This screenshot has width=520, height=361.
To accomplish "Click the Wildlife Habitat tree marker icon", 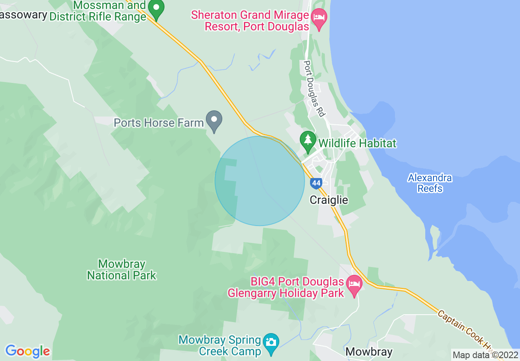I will point(308,140).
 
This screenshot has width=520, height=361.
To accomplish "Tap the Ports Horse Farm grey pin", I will point(214,120).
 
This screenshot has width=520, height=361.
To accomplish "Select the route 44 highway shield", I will point(315,183).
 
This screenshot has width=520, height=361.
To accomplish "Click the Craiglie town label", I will point(329,200).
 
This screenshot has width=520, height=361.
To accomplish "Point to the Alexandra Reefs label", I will point(430,183).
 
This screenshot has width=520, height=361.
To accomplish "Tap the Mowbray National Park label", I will point(122,270).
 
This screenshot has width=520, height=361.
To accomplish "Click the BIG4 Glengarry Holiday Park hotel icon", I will point(354,283).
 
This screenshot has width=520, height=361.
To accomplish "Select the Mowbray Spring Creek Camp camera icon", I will point(271,341).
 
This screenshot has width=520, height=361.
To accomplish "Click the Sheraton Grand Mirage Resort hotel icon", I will point(319,17).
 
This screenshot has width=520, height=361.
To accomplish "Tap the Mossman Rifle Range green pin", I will point(156,9).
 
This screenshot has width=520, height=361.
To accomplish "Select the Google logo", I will point(27,351).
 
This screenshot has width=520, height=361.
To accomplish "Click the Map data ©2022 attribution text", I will point(485,355).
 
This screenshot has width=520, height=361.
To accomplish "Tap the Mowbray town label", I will point(369,352).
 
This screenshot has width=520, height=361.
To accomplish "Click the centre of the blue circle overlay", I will point(260,181).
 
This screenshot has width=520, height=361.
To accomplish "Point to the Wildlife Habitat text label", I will point(357,143).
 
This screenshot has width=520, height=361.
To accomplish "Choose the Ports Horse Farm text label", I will point(159,123).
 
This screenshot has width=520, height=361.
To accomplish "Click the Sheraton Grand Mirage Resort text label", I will point(251,21).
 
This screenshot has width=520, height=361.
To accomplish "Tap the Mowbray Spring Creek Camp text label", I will point(220,346).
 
